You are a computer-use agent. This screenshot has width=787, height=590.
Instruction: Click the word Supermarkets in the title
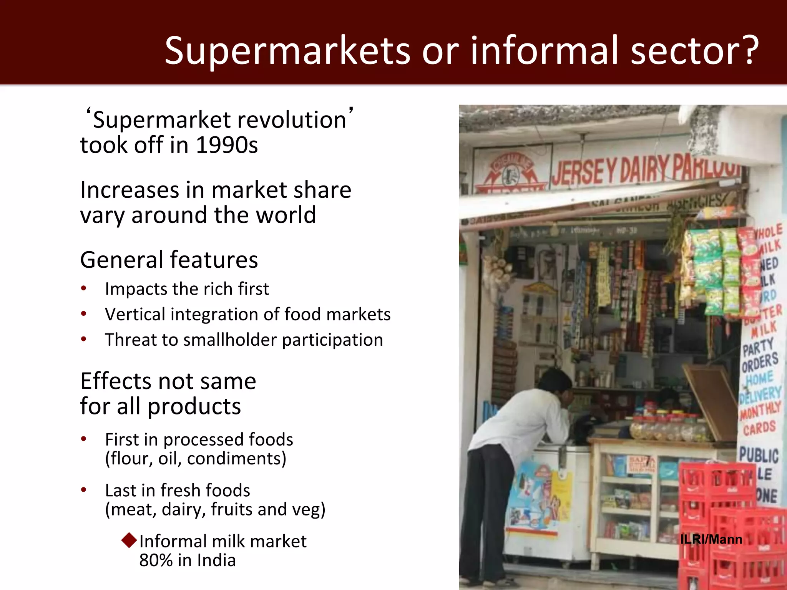pyautogui.click(x=287, y=51)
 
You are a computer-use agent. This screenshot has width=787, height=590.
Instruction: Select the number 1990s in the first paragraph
pyautogui.click(x=227, y=145)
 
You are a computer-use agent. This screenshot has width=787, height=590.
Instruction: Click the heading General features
pyautogui.click(x=169, y=260)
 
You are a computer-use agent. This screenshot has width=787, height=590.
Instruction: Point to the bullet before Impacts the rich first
pyautogui.click(x=84, y=289)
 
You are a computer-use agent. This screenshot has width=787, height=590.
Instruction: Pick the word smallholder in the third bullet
pyautogui.click(x=229, y=340)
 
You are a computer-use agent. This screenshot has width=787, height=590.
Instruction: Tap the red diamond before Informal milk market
pyautogui.click(x=129, y=540)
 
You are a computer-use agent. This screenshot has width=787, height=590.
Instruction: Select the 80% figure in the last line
pyautogui.click(x=156, y=560)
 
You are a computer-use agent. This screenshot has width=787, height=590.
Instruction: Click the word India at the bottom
pyautogui.click(x=216, y=560)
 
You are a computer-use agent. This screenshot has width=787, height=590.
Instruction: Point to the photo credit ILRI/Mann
pyautogui.click(x=711, y=539)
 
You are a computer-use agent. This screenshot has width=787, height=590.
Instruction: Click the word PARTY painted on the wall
pyautogui.click(x=757, y=348)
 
